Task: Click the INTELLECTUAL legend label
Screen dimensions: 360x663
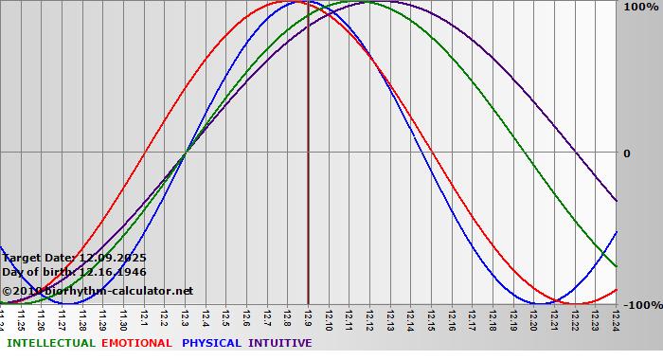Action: click(50, 343)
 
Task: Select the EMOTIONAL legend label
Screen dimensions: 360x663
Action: click(136, 343)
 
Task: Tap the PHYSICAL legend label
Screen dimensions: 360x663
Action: click(212, 343)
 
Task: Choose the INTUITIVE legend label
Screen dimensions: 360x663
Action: click(280, 343)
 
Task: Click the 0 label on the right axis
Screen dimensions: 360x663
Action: click(626, 153)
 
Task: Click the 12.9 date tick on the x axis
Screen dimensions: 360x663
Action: click(308, 319)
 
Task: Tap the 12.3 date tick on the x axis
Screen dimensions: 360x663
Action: click(185, 319)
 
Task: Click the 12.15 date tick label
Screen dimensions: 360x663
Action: click(431, 319)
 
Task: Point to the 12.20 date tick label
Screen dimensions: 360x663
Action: click(533, 319)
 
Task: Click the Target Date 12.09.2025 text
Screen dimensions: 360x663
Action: click(74, 258)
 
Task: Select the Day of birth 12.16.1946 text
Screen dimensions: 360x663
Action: click(74, 272)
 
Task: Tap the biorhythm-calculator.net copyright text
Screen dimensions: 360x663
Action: click(97, 291)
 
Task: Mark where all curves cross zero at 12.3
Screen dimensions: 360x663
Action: click(185, 152)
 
